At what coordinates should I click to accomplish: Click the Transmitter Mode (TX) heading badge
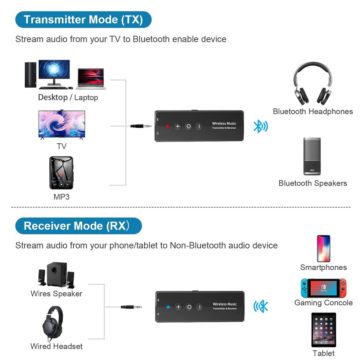tap(83, 19)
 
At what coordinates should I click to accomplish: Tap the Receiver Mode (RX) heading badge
tap(78, 226)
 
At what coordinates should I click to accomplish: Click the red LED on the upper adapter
tap(167, 126)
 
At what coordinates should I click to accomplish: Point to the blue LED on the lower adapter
tap(168, 307)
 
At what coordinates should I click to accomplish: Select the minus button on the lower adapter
tap(199, 307)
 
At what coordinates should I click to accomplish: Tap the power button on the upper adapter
tap(188, 126)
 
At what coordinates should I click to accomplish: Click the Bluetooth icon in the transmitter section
tap(261, 126)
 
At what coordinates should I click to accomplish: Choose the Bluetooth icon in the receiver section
tap(261, 306)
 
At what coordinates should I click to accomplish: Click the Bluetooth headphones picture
tap(312, 84)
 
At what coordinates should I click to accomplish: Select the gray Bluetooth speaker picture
tap(312, 156)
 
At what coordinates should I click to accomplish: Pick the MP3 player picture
tap(61, 172)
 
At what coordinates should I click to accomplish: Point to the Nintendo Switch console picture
tap(323, 288)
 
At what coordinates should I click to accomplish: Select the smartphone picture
tap(323, 248)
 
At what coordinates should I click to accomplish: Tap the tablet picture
tap(323, 330)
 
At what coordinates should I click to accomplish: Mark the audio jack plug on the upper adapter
tap(140, 126)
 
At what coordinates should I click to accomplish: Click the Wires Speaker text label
tap(57, 294)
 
